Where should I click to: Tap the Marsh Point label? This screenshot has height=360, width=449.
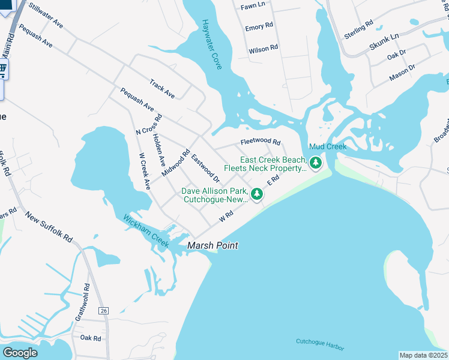[x=212, y=245]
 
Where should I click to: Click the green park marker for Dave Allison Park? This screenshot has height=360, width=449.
[x=257, y=194]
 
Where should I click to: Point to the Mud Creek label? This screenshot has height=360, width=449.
[x=328, y=147]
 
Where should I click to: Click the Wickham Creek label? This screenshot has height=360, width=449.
[x=146, y=230]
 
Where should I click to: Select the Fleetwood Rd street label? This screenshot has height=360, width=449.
[x=261, y=142]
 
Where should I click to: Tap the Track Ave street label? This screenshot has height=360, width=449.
[x=162, y=89]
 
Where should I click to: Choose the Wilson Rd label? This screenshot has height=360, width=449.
[x=264, y=49]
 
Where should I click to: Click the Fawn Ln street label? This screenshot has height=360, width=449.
[x=252, y=5]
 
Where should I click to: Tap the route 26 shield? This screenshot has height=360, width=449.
[x=104, y=310]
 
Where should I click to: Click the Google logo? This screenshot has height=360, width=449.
[x=20, y=353]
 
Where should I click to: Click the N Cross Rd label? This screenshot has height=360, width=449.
[x=149, y=124]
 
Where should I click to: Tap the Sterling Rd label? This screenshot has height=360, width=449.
[x=358, y=29]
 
